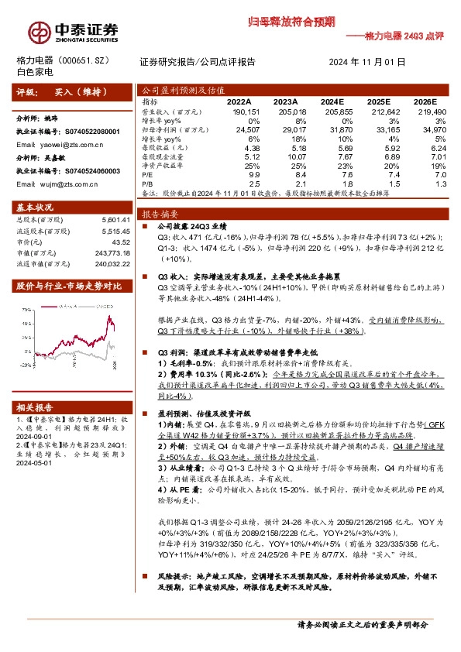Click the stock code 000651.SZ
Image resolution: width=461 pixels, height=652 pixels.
click(94, 60)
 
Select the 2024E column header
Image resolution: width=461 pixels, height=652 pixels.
click(331, 101)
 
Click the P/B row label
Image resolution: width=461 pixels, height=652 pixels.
click(147, 184)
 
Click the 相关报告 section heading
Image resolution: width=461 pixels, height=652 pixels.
click(35, 407)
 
